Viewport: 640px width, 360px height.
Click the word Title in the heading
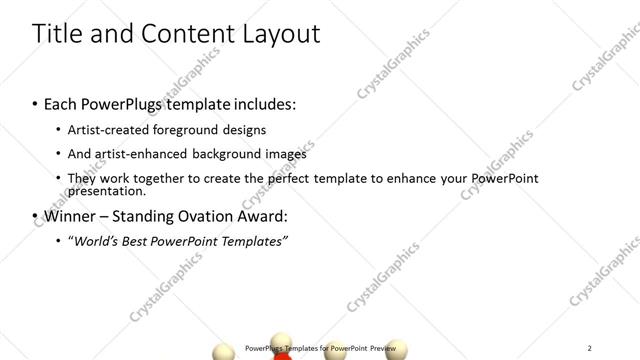coord(56,33)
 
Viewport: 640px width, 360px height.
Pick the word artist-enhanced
coord(158,154)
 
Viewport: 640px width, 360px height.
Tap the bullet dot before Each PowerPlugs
coord(35,103)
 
